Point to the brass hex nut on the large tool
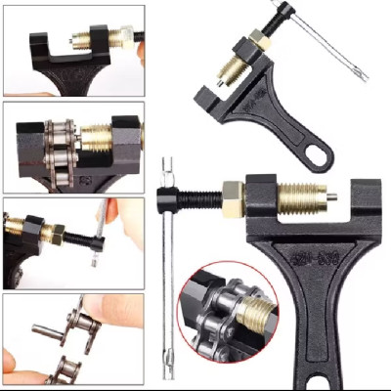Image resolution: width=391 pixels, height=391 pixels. [x=234, y=199]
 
